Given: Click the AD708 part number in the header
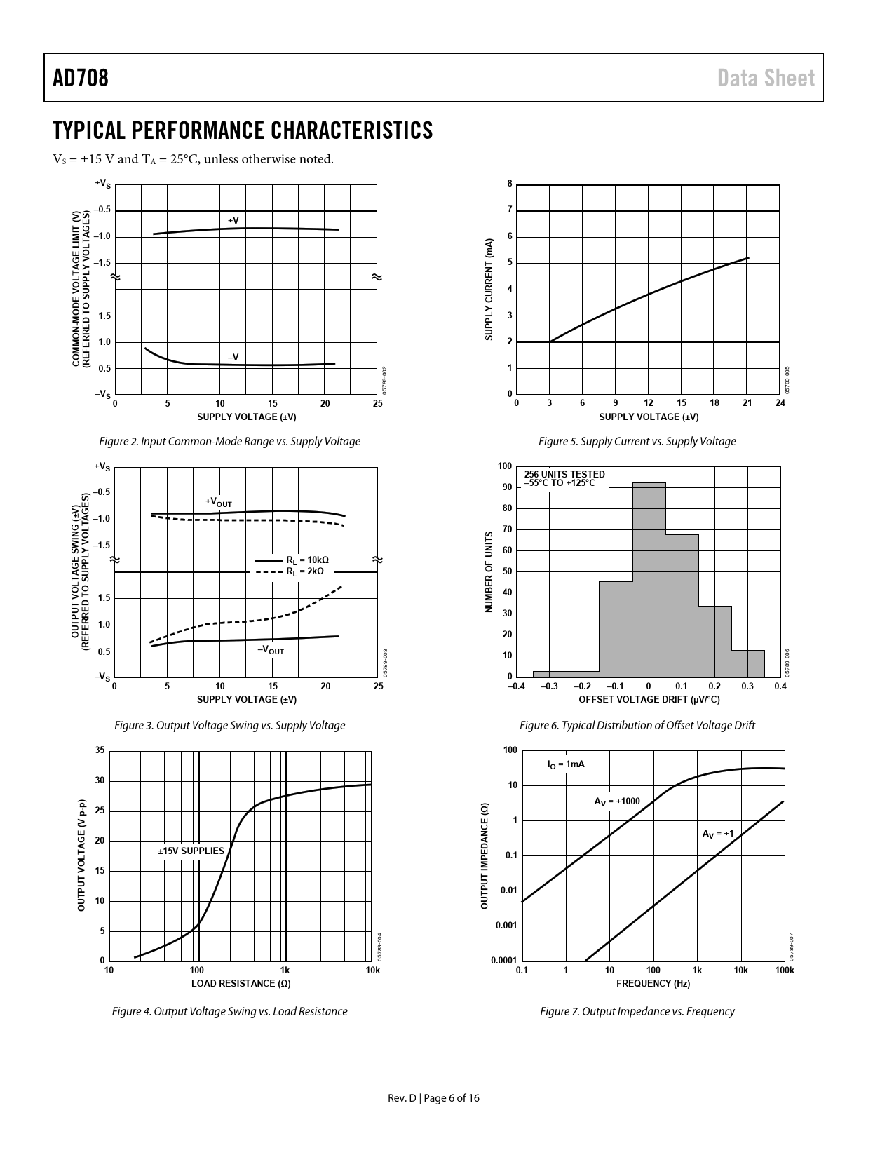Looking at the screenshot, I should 81,78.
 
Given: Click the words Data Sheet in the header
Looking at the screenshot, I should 766,78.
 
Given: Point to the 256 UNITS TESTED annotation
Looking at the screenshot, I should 564,474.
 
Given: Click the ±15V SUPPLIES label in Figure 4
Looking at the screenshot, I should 191,851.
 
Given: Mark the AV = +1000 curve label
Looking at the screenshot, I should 617,801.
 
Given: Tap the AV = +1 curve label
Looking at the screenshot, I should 718,834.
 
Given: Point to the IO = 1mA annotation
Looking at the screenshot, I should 566,764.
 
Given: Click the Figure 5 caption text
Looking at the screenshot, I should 637,442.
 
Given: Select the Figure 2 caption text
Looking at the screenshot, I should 230,442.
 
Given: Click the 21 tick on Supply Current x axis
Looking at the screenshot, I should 747,403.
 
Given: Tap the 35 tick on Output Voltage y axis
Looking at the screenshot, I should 100,751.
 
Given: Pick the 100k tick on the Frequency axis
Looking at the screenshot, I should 785,970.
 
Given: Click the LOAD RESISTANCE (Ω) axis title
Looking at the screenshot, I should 241,983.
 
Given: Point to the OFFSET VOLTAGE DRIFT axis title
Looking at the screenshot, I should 649,700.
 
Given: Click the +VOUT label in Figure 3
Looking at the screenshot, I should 218,502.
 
